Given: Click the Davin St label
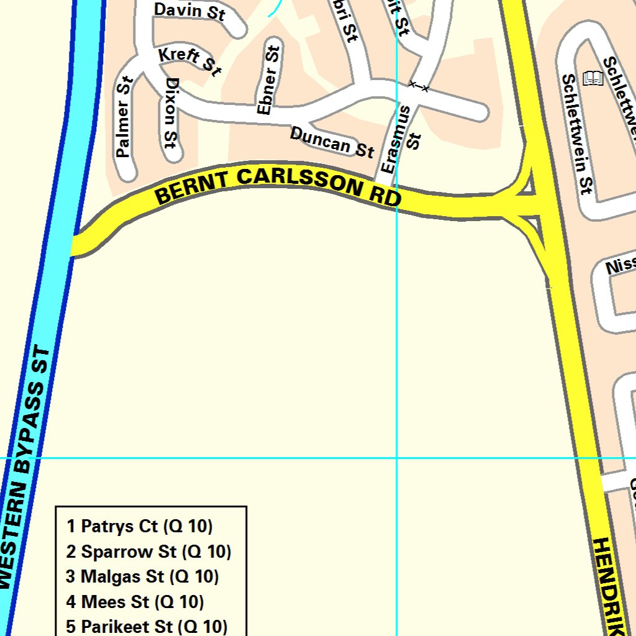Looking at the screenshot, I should pos(189,12).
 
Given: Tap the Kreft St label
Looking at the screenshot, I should pos(189,61).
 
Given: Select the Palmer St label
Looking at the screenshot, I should pos(124,116).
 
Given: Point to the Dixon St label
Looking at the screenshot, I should pos(171,112).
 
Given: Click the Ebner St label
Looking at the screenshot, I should pos(269,79).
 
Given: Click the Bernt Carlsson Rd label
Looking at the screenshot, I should pos(278,184).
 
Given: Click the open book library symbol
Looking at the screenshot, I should pos(593,78).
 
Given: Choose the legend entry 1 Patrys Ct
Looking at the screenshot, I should pos(140,527).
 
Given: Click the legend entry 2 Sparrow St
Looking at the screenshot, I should pos(149,552).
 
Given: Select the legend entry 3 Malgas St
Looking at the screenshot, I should pos(143,576).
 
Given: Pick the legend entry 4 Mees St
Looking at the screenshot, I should pos(135,601).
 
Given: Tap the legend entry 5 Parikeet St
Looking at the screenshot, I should pos(147,626).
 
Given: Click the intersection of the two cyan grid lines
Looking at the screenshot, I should pos(397,458).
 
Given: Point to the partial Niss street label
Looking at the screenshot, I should pos(620,266).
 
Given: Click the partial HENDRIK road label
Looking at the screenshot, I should pos(609,587).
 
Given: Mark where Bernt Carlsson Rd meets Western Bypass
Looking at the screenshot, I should pos(76,244).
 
